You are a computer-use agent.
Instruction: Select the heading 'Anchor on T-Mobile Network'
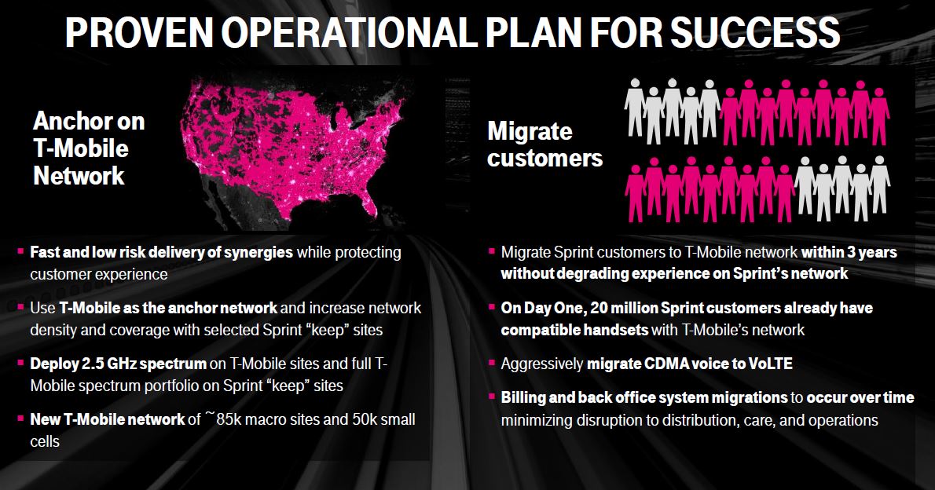90,148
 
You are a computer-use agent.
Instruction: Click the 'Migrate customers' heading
545,144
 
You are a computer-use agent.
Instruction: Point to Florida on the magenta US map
366,199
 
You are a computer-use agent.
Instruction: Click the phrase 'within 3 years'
849,252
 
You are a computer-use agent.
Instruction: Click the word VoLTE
771,364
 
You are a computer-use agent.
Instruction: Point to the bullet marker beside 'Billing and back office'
492,396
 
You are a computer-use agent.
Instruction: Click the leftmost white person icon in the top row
635,108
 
